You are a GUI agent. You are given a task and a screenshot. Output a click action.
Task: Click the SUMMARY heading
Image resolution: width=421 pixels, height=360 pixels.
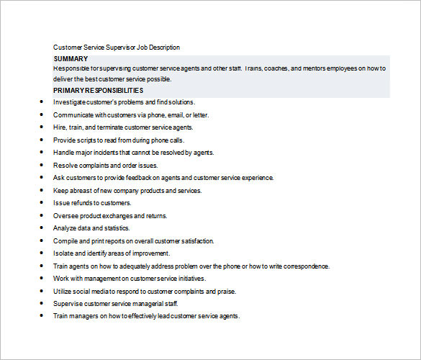click(x=71, y=58)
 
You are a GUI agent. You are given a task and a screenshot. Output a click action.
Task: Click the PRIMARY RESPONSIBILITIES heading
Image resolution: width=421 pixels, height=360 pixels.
click(x=98, y=91)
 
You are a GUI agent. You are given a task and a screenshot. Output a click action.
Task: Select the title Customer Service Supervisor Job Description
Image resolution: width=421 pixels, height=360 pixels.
click(x=117, y=48)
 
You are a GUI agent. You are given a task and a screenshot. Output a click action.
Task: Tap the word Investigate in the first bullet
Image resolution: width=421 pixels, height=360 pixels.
click(x=69, y=102)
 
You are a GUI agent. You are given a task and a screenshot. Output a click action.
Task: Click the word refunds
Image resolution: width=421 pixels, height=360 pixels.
click(x=80, y=203)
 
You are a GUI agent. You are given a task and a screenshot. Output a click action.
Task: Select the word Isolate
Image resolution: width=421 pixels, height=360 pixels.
click(x=64, y=253)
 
